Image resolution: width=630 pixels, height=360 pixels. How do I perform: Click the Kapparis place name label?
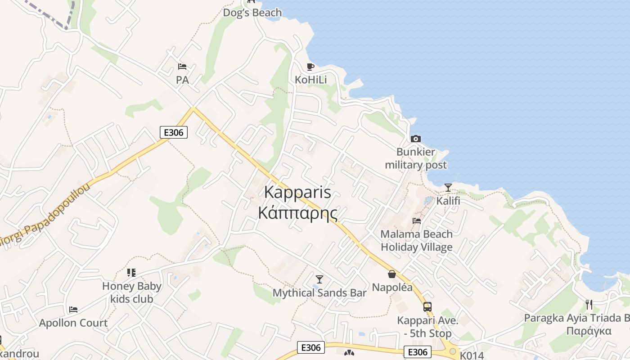click(x=297, y=192)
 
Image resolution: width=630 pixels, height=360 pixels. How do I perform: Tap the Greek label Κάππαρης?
click(x=297, y=212)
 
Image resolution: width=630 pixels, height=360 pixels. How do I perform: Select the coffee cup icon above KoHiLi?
click(x=310, y=67)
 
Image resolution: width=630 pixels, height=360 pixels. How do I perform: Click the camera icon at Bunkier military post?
click(x=415, y=139)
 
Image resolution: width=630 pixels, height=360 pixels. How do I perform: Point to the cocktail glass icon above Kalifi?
click(x=448, y=188)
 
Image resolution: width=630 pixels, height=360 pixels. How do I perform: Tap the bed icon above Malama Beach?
click(x=417, y=220)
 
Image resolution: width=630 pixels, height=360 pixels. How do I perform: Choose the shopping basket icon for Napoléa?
click(x=392, y=274)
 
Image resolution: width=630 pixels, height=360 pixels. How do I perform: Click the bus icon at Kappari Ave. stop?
click(x=427, y=307)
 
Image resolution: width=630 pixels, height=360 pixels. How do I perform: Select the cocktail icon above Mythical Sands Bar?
click(x=319, y=279)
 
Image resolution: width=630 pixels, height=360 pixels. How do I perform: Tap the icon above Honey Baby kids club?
click(x=131, y=272)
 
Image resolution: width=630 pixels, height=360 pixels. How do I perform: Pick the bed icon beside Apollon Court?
click(x=73, y=310)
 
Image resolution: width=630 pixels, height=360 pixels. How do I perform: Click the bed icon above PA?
click(x=182, y=67)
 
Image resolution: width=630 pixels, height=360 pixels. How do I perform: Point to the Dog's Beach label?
click(x=252, y=13)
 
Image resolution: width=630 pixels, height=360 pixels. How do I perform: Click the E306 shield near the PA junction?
click(x=174, y=132)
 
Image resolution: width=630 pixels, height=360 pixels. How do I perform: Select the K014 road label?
click(x=472, y=355)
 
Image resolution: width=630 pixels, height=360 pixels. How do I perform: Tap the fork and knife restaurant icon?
click(x=589, y=305)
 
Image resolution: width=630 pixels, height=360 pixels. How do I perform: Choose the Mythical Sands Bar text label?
click(x=319, y=293)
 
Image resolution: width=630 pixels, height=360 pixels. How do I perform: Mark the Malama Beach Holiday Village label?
click(x=417, y=240)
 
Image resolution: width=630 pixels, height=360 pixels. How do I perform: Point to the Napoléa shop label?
click(x=392, y=287)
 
